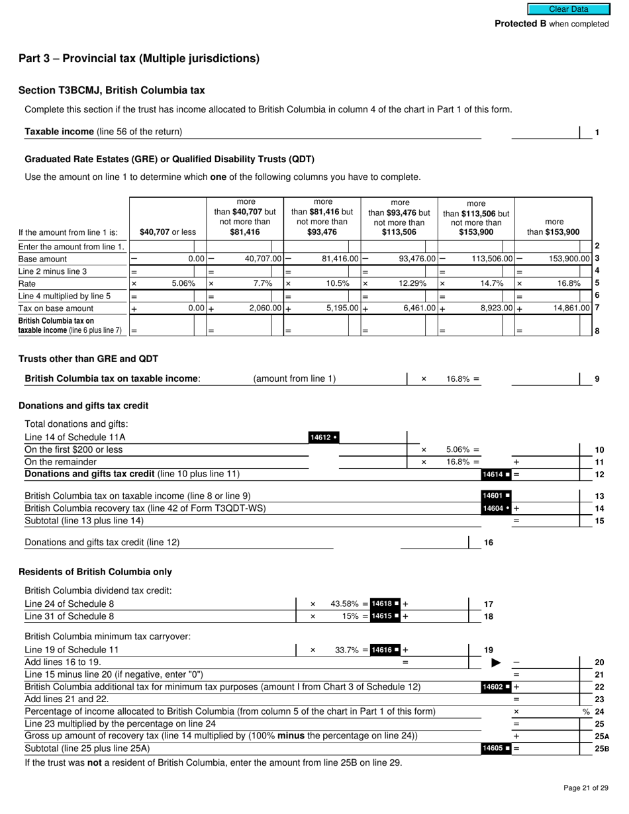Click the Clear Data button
pyautogui.click(x=568, y=9)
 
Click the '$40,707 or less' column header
pyautogui.click(x=168, y=232)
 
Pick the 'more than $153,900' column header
pyautogui.click(x=553, y=227)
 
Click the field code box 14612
pyautogui.click(x=324, y=437)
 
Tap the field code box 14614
pyautogui.click(x=496, y=475)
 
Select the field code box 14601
pyautogui.click(x=496, y=496)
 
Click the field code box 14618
pyautogui.click(x=385, y=604)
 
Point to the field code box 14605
pyautogui.click(x=496, y=748)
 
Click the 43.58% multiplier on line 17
pyautogui.click(x=344, y=604)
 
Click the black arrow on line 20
pyautogui.click(x=495, y=662)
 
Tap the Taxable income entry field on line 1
pyautogui.click(x=545, y=132)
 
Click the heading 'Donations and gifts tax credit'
pyautogui.click(x=83, y=406)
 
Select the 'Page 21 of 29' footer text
pyautogui.click(x=585, y=788)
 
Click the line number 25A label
pyautogui.click(x=601, y=736)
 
